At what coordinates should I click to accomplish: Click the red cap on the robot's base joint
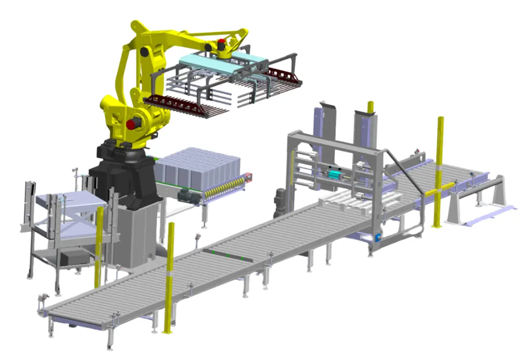(132, 124)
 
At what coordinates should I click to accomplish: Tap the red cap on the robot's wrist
(221, 44)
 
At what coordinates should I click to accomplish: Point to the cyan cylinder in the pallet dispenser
(335, 174)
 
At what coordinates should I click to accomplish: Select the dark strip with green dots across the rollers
(227, 255)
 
